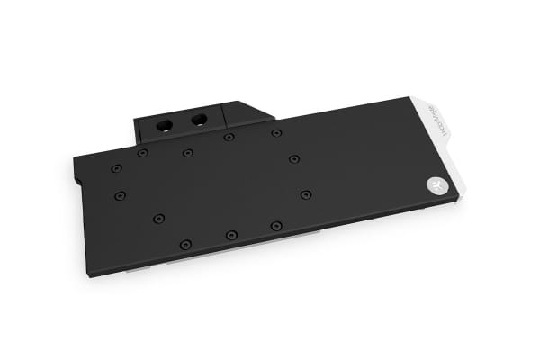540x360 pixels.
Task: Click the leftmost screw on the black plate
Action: point(115,168)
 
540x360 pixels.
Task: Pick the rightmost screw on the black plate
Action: point(307,194)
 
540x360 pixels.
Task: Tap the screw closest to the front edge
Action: point(185,244)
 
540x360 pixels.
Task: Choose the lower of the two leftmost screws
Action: point(120,194)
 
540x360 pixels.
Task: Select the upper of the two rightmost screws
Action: point(294,159)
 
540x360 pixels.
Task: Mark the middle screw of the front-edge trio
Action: point(231,235)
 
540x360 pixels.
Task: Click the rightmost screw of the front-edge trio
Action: point(276,226)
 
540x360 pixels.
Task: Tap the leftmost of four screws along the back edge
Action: point(142,153)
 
